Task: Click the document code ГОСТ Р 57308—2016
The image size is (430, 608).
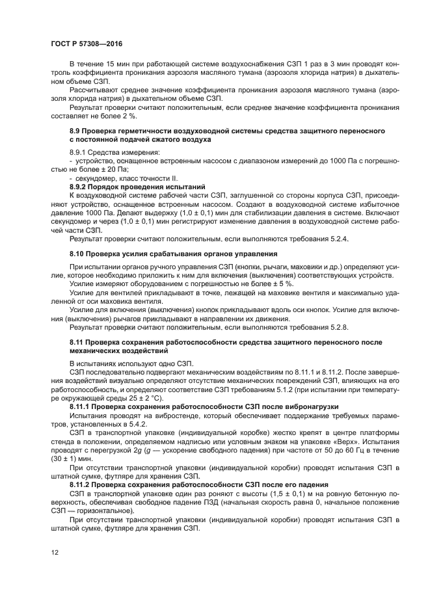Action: pyautogui.click(x=86, y=43)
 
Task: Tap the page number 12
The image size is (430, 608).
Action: pyautogui.click(x=55, y=551)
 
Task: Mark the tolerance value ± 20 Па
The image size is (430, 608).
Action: pyautogui.click(x=96, y=169)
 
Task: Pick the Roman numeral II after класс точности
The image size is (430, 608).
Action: pyautogui.click(x=174, y=178)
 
